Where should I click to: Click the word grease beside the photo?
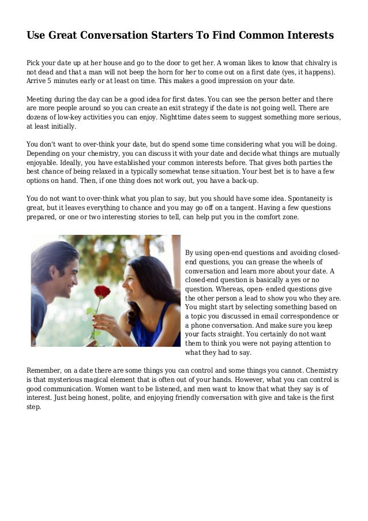(x=280, y=262)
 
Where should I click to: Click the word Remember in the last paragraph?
(x=45, y=370)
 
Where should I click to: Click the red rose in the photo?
(x=102, y=292)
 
